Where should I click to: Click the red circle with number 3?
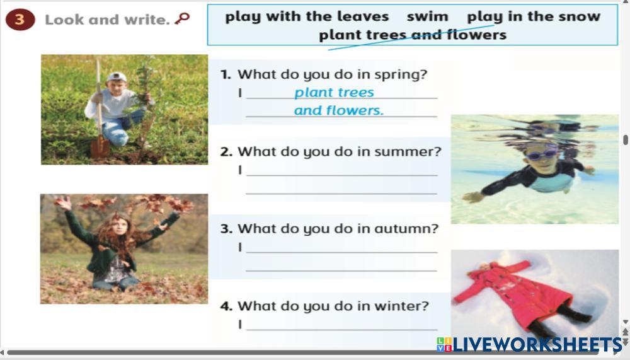pyautogui.click(x=20, y=20)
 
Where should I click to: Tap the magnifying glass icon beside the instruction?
pyautogui.click(x=182, y=18)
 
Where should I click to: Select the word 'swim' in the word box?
pyautogui.click(x=427, y=16)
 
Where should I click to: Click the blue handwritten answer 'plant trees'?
pyautogui.click(x=334, y=93)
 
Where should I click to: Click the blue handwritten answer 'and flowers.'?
pyautogui.click(x=339, y=110)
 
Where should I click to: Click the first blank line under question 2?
pyautogui.click(x=342, y=175)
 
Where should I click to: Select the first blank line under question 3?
pyautogui.click(x=342, y=252)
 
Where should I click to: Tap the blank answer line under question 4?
pyautogui.click(x=342, y=330)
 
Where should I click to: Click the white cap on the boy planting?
pyautogui.click(x=117, y=76)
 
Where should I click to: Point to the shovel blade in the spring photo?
pyautogui.click(x=100, y=146)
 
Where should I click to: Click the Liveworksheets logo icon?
pyautogui.click(x=444, y=345)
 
